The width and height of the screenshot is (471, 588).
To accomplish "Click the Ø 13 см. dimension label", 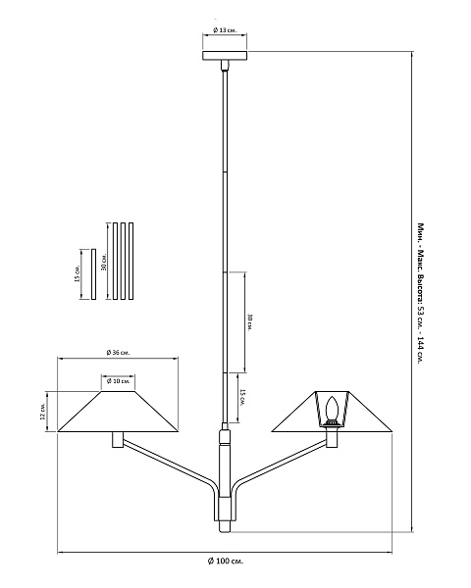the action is tap(225, 30).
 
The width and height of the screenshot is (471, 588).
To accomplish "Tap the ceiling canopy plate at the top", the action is tap(225, 56).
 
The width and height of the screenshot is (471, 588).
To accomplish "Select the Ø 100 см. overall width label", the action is tap(226, 562).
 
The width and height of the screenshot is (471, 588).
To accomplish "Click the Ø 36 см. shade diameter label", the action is tap(119, 353).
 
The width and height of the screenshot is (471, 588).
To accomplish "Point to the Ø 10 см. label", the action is tap(119, 381).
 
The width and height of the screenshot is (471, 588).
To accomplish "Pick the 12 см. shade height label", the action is tap(43, 412).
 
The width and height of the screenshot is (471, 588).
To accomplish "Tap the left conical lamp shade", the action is tap(118, 412).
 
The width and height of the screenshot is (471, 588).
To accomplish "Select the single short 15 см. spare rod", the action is tap(93, 274).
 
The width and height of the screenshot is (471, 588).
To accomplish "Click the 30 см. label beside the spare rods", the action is tap(104, 262).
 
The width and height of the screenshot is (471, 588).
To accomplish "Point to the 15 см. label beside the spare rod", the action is tap(77, 273).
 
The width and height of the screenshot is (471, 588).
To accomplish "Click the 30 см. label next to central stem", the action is tap(250, 321).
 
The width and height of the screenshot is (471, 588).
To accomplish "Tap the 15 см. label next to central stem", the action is tap(243, 398).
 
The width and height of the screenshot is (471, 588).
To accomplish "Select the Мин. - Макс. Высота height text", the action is tap(420, 294).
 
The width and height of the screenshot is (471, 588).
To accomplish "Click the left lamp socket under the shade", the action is tap(118, 439).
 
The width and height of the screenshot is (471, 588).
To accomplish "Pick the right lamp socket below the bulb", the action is tap(332, 437).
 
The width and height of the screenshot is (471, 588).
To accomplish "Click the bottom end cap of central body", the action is tap(225, 525).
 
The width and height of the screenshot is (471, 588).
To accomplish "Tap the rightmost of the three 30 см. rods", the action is tap(131, 262).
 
